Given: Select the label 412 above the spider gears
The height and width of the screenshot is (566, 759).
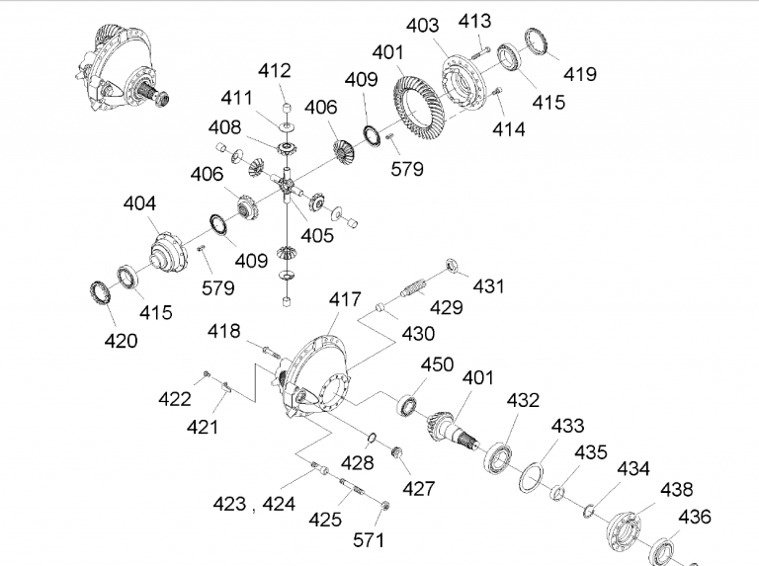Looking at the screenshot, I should pos(274,70).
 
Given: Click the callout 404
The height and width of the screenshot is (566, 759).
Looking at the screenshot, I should pos(139,203).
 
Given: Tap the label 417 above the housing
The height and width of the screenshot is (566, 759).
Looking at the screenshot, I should pos(346,298).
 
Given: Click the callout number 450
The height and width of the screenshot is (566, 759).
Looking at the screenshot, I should pos(437,364).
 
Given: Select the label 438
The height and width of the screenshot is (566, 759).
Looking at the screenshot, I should pos(678,489).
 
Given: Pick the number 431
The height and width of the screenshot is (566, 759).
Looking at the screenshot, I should pos(488,286).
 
